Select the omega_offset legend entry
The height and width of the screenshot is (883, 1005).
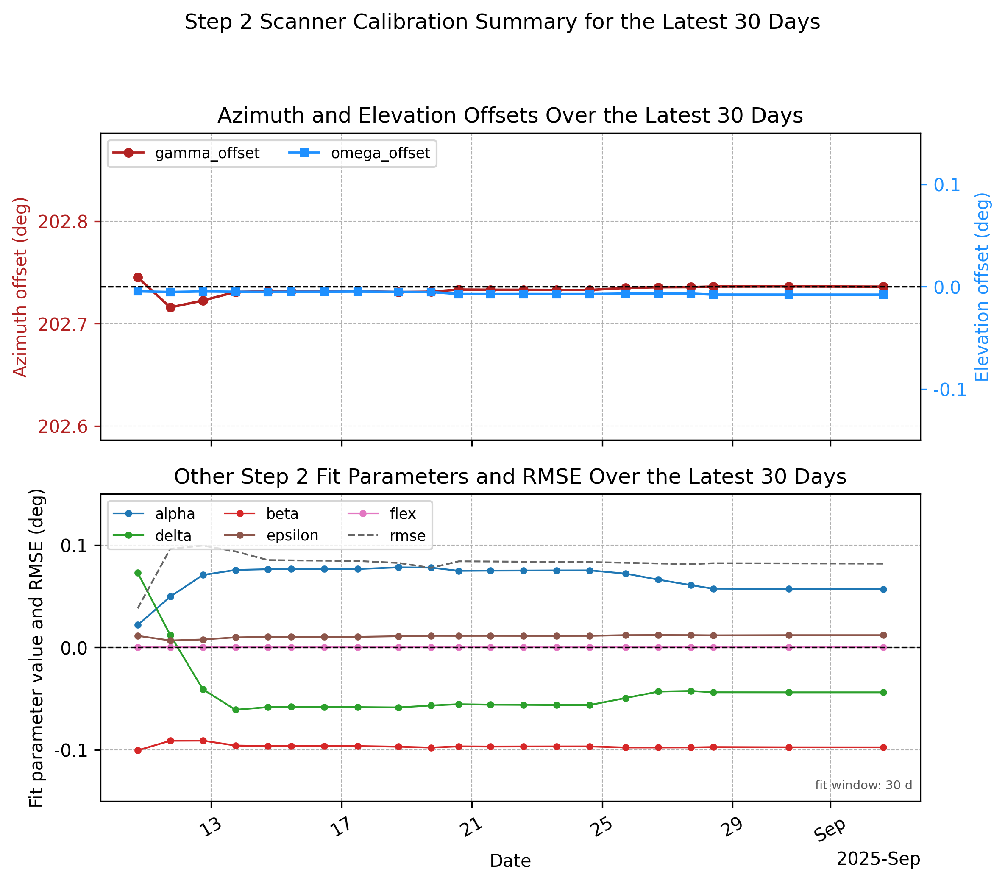[x=359, y=153]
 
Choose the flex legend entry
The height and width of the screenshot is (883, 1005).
[x=381, y=514]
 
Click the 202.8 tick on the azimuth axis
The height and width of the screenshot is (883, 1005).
[x=63, y=222]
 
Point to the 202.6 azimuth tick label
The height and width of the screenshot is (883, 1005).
[x=63, y=426]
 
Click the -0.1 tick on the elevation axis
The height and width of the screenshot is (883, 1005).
[x=949, y=390]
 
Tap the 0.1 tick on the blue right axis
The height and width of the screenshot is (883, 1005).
[x=947, y=185]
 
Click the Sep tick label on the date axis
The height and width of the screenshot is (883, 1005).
[x=830, y=830]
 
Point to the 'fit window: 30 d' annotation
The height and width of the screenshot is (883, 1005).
[x=863, y=785]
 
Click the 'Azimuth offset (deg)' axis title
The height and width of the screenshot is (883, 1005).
[x=21, y=287]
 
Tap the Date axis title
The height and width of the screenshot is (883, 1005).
[x=510, y=861]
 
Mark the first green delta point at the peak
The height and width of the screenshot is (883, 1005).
[x=138, y=573]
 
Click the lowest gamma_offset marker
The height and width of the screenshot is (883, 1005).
[x=171, y=308]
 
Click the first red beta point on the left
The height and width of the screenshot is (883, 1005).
[x=138, y=751]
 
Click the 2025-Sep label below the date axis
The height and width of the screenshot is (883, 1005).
[x=878, y=859]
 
